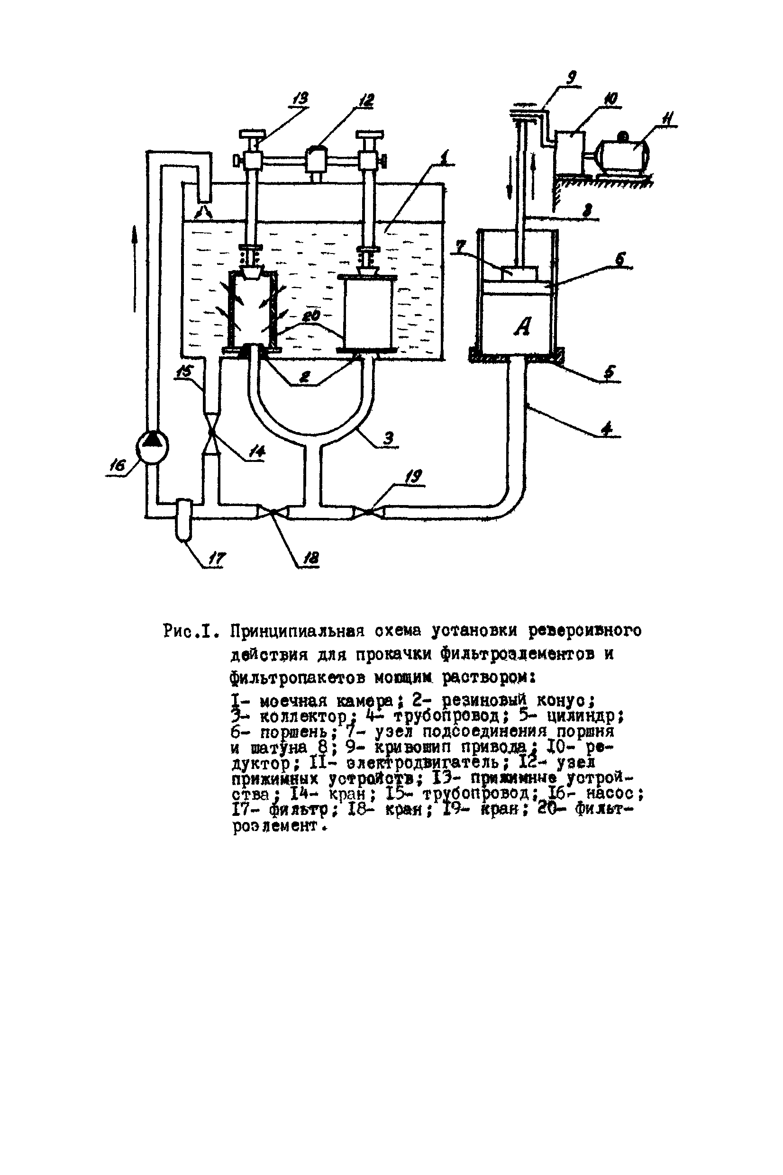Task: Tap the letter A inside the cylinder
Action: [522, 327]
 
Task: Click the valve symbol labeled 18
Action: [273, 512]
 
